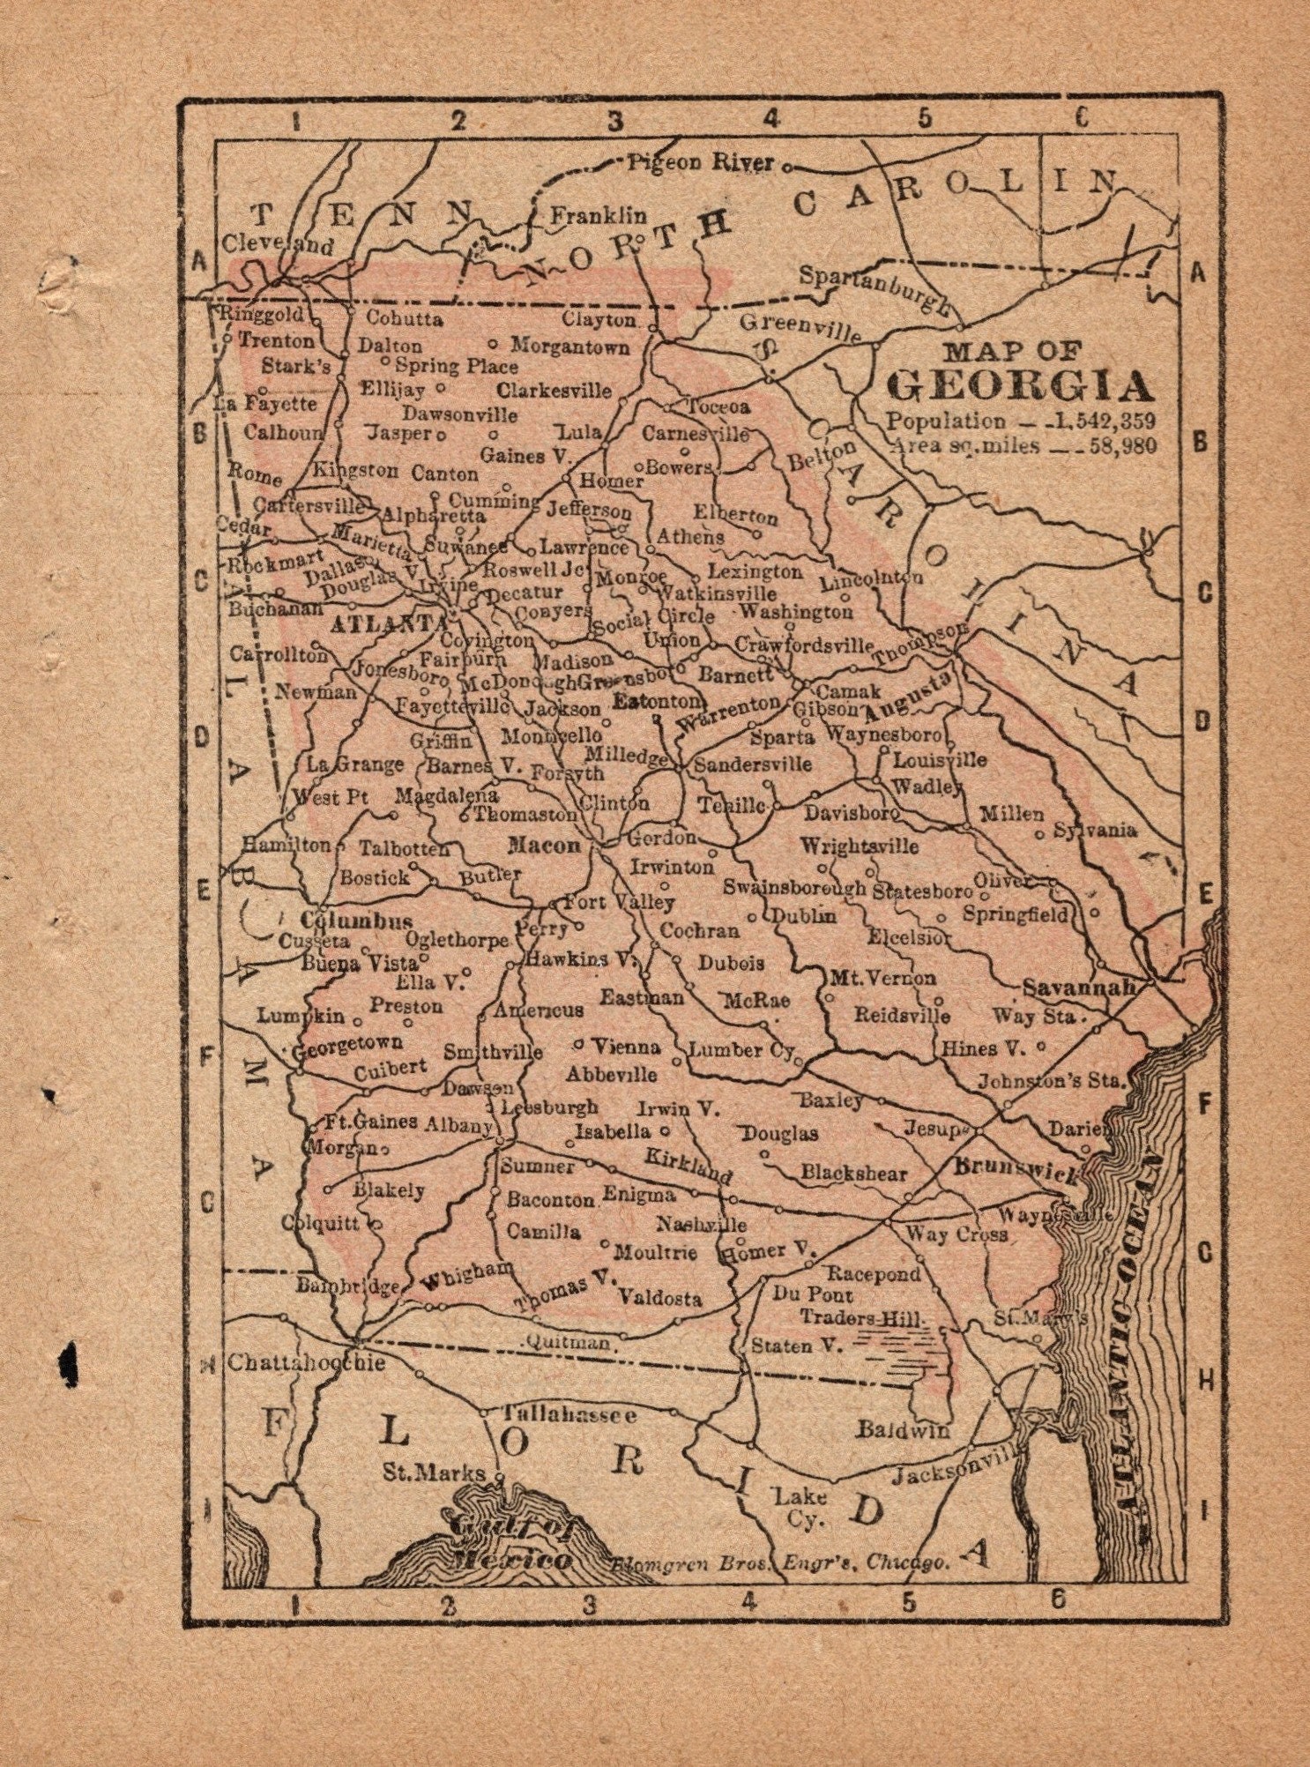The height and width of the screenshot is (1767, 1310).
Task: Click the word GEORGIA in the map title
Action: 1020,385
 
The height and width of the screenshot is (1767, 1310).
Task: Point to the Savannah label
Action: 1079,988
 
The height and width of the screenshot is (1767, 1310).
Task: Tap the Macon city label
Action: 544,846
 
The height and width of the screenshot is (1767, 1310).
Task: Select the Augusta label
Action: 909,696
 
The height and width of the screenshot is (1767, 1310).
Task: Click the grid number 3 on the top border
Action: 614,121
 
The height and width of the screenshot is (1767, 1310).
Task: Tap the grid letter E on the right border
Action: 1199,892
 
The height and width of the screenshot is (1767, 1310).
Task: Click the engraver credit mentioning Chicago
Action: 780,1562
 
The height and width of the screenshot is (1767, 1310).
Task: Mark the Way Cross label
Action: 956,1234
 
